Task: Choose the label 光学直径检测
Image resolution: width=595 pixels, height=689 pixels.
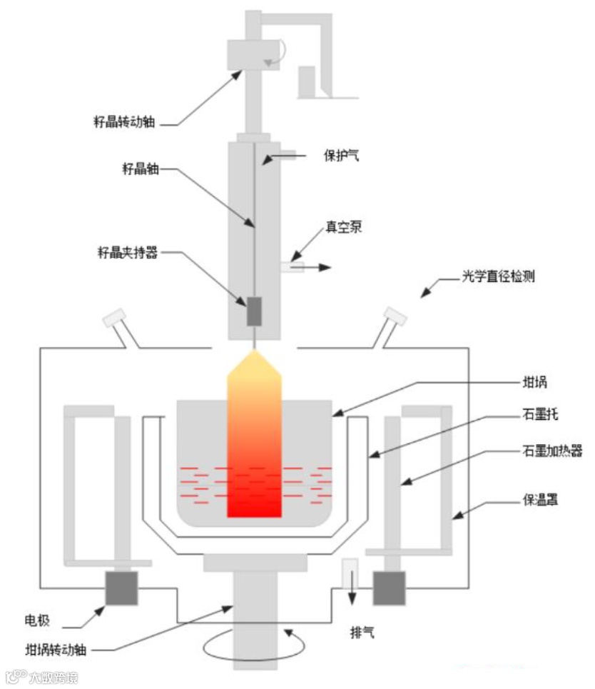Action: [x=497, y=276]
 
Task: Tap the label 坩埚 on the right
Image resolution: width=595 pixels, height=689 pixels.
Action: [x=535, y=382]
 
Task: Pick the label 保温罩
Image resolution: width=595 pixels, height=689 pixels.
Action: [x=540, y=501]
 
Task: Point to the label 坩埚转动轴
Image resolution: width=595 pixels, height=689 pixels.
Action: [x=56, y=650]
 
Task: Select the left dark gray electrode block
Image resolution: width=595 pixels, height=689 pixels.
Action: [x=121, y=587]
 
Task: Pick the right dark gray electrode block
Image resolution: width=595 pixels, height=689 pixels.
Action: [x=389, y=587]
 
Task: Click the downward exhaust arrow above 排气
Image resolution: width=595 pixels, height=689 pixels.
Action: [x=350, y=578]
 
